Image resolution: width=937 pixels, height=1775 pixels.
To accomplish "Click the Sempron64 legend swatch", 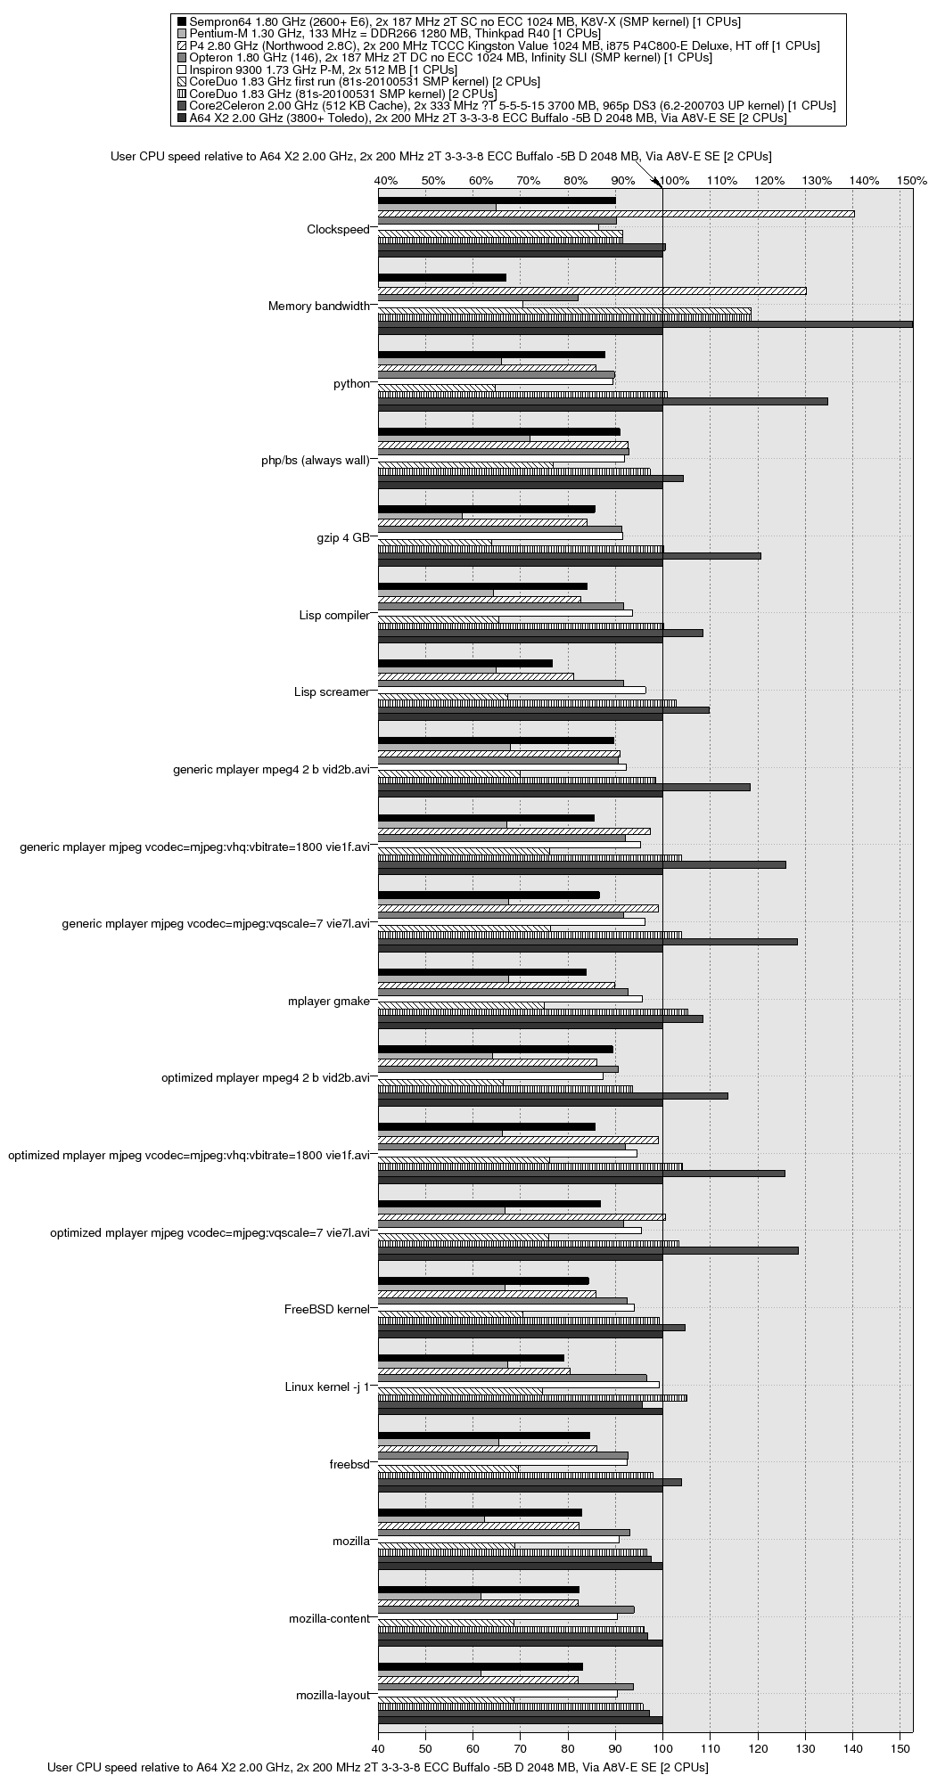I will pyautogui.click(x=182, y=20).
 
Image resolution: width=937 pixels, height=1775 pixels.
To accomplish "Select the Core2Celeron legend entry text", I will pyautogui.click(x=512, y=105).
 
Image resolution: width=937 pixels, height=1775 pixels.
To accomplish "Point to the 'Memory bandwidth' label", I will pyautogui.click(x=318, y=307).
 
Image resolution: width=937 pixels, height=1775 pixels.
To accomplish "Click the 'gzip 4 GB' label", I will pyautogui.click(x=342, y=537).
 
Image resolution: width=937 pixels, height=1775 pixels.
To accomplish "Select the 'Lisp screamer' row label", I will pyautogui.click(x=331, y=691).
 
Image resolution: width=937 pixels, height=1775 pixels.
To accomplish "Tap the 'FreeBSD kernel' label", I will pyautogui.click(x=326, y=1309).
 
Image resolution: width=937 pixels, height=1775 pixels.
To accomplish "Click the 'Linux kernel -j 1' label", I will pyautogui.click(x=326, y=1386).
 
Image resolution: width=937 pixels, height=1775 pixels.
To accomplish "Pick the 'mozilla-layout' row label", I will pyautogui.click(x=332, y=1695).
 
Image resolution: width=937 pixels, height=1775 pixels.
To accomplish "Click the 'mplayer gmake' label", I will pyautogui.click(x=328, y=1001).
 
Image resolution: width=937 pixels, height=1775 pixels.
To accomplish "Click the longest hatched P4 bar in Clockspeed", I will pyautogui.click(x=616, y=214).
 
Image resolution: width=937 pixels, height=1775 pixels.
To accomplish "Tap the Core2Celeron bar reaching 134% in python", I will pyautogui.click(x=603, y=401).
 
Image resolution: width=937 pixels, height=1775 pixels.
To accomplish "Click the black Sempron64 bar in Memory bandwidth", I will pyautogui.click(x=442, y=277).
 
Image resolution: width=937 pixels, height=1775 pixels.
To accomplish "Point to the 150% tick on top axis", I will pyautogui.click(x=912, y=181).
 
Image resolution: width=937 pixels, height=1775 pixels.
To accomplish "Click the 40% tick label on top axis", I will pyautogui.click(x=386, y=181).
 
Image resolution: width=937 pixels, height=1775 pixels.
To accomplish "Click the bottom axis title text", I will pyautogui.click(x=377, y=1766).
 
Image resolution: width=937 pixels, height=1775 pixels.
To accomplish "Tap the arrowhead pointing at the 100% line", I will pyautogui.click(x=660, y=183).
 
